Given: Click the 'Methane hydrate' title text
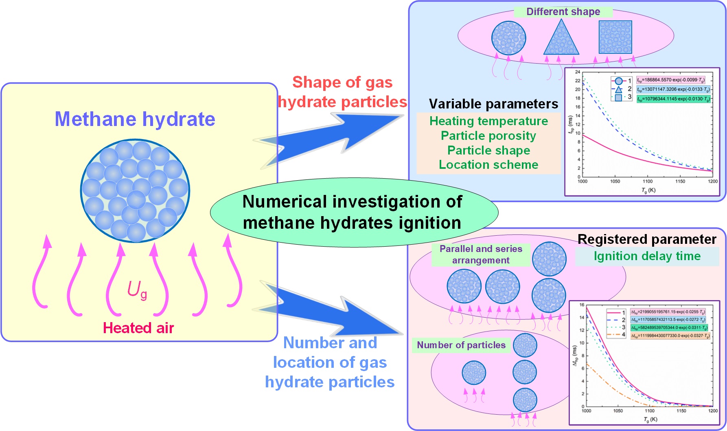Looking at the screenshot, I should pyautogui.click(x=135, y=119).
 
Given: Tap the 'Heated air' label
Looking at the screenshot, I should pyautogui.click(x=138, y=328).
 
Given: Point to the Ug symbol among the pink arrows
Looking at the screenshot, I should pyautogui.click(x=137, y=290).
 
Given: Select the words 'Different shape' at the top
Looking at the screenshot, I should pyautogui.click(x=563, y=11).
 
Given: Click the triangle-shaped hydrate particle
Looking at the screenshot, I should pyautogui.click(x=561, y=39).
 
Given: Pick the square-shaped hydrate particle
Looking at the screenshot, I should pyautogui.click(x=615, y=37).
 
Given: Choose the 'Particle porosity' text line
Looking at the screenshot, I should pyautogui.click(x=488, y=135).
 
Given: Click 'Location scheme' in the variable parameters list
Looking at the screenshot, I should pyautogui.click(x=488, y=165).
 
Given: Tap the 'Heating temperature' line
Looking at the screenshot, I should pyautogui.click(x=488, y=121).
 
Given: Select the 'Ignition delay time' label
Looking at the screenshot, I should pyautogui.click(x=647, y=256).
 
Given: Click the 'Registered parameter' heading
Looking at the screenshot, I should pyautogui.click(x=647, y=239).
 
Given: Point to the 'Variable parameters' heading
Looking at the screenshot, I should pyautogui.click(x=493, y=104).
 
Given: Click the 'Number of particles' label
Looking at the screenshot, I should pyautogui.click(x=461, y=345).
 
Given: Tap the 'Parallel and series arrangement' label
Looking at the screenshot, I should pyautogui.click(x=481, y=254).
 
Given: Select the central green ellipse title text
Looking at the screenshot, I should pyautogui.click(x=353, y=212).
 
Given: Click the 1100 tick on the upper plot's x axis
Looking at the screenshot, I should pyautogui.click(x=647, y=181).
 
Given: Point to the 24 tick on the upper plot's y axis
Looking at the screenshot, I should pyautogui.click(x=577, y=72).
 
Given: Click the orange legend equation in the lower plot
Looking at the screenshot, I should pyautogui.click(x=670, y=336).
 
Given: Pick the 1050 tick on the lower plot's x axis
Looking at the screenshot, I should pyautogui.click(x=618, y=411).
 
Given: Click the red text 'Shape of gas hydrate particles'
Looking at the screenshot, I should pyautogui.click(x=342, y=92).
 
